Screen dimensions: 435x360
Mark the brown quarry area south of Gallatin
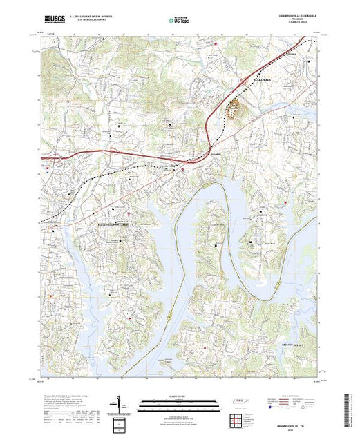236,108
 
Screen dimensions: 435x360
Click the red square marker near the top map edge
216,43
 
